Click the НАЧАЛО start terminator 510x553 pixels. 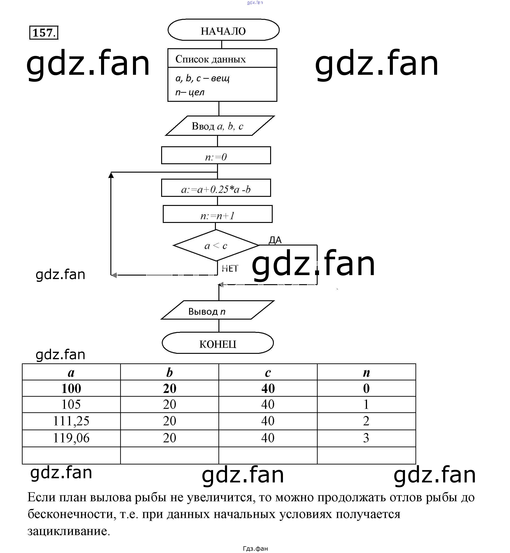pos(223,30)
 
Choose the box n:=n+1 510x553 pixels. pos(218,215)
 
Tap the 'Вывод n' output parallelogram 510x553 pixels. pos(218,310)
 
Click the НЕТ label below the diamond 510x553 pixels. pos(230,268)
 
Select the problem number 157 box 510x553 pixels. pos(44,33)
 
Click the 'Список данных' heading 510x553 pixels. pos(210,59)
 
